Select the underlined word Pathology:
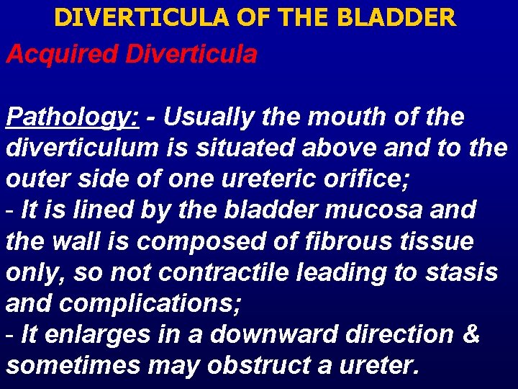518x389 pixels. pos(72,117)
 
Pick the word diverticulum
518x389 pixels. pos(81,148)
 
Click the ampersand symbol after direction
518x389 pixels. pos(471,334)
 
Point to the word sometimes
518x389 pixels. pos(73,365)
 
